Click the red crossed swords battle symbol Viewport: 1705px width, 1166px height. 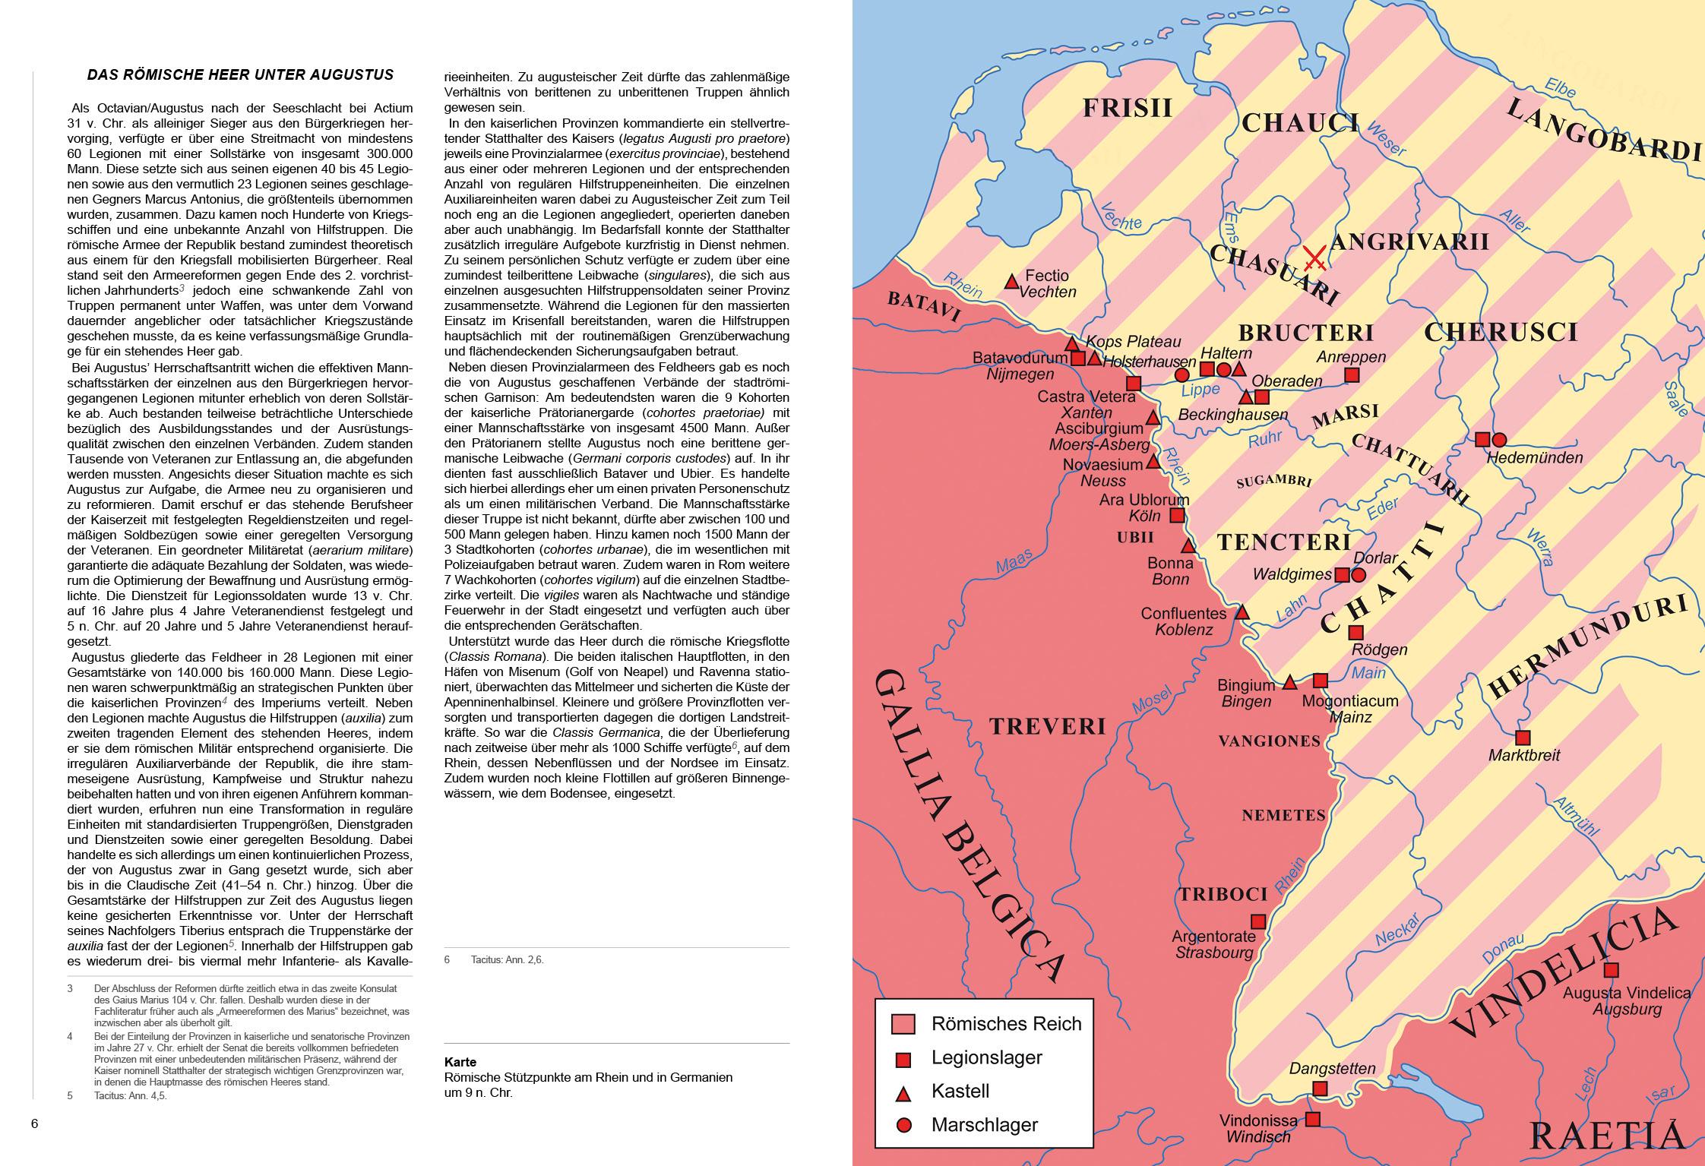[x=1314, y=259]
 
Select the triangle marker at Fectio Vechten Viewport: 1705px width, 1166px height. [x=1011, y=282]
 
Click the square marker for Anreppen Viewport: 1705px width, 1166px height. [x=1352, y=374]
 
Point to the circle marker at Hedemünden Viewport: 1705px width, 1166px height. [x=1499, y=439]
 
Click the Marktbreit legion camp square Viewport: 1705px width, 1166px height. [x=1523, y=738]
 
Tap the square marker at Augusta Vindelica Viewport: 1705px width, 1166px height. [x=1611, y=970]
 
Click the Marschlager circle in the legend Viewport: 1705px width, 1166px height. [x=903, y=1125]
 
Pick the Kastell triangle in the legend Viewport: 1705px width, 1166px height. [x=903, y=1093]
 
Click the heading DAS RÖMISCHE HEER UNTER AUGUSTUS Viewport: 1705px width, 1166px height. [x=240, y=74]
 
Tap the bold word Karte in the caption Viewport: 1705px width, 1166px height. [x=460, y=1062]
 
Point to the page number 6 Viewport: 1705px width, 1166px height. [x=34, y=1124]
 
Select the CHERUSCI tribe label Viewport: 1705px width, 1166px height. [x=1501, y=332]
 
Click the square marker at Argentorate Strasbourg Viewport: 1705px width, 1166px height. [x=1258, y=921]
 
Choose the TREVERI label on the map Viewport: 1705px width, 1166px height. [x=1047, y=727]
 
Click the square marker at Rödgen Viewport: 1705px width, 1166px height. [x=1355, y=632]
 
